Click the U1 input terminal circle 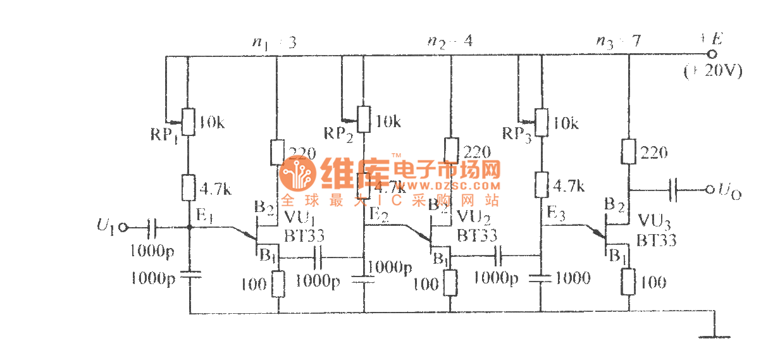[123, 226]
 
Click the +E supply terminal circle [712, 54]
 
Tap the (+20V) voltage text [713, 71]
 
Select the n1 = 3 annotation [275, 42]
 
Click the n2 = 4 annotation [450, 42]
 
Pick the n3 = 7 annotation [618, 42]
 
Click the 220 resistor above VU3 [629, 152]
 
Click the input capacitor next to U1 [152, 226]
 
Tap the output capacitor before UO [674, 189]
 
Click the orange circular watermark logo [297, 174]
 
